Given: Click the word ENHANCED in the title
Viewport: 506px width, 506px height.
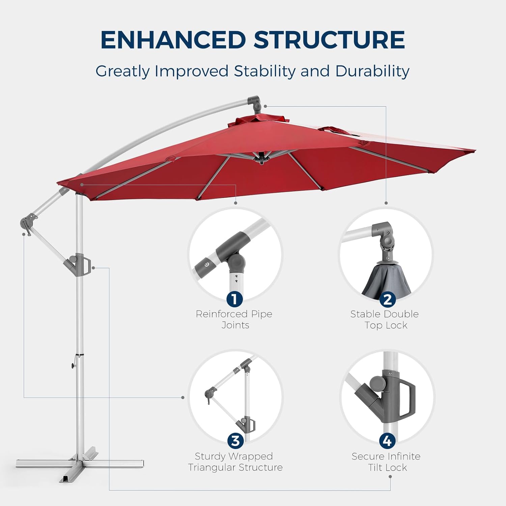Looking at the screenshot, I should pyautogui.click(x=173, y=40).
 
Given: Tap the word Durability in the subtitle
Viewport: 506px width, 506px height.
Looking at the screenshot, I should pyautogui.click(x=372, y=71).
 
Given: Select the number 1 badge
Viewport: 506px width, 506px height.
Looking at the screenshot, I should pyautogui.click(x=234, y=299).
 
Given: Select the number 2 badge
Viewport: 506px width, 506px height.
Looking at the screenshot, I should pyautogui.click(x=387, y=299).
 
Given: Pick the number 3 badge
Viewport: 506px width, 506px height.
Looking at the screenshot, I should pyautogui.click(x=235, y=441).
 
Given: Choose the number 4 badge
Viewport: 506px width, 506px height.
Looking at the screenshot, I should pyautogui.click(x=387, y=441).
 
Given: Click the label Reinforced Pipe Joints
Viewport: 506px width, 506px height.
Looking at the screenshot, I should pyautogui.click(x=234, y=319).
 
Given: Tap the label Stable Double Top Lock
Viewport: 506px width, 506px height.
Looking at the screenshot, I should pyautogui.click(x=385, y=319).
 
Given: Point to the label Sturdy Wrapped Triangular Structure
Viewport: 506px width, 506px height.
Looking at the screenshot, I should pyautogui.click(x=235, y=462).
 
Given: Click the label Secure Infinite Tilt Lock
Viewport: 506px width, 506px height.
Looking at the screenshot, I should pyautogui.click(x=386, y=462).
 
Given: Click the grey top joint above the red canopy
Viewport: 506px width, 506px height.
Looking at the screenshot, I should pyautogui.click(x=254, y=104).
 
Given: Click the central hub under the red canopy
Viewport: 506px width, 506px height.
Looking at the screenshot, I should pyautogui.click(x=261, y=158).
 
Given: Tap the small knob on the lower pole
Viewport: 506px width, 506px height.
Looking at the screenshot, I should pyautogui.click(x=73, y=366).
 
